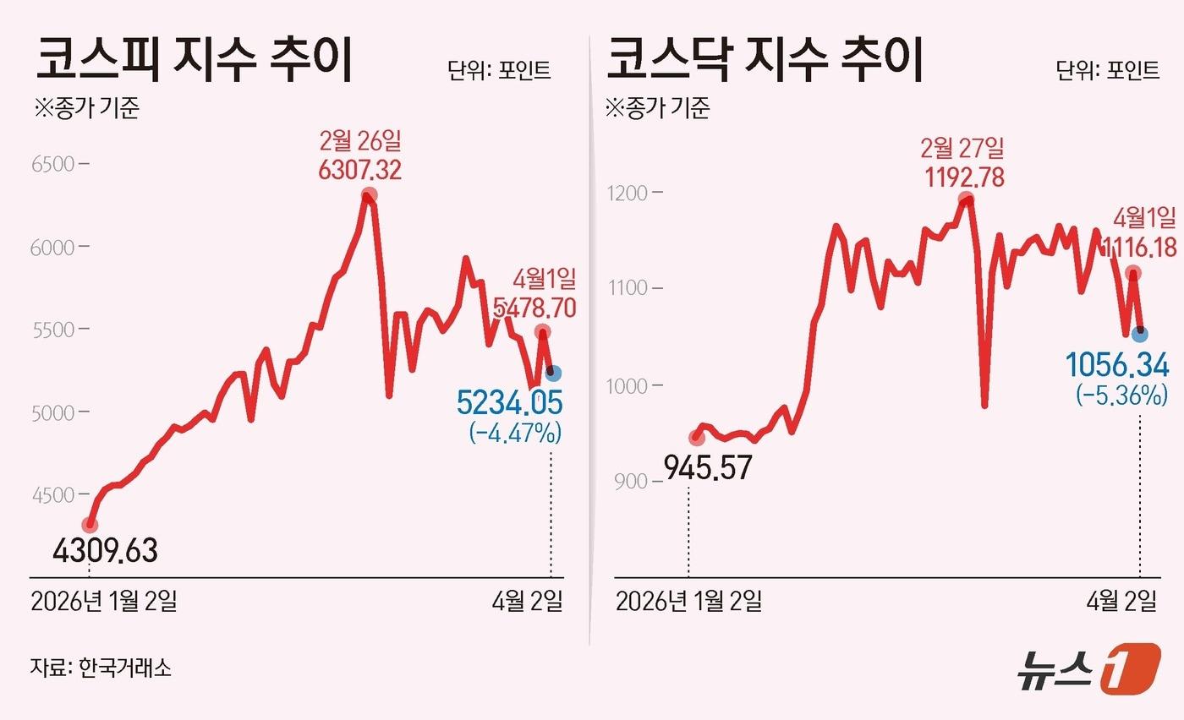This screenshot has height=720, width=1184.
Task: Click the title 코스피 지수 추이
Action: (194, 62)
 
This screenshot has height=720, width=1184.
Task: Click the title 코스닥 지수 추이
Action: (765, 62)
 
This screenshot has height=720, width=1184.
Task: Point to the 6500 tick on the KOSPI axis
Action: (53, 164)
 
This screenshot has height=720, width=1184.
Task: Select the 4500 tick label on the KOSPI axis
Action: (53, 494)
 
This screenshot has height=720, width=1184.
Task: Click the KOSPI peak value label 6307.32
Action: (359, 171)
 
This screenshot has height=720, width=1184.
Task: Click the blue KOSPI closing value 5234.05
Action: (509, 403)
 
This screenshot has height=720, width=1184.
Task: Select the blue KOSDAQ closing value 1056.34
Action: (1116, 366)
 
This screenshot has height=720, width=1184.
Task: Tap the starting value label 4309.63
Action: (105, 552)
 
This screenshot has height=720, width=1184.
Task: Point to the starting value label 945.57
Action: (709, 467)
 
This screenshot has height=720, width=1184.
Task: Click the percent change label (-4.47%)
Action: (515, 434)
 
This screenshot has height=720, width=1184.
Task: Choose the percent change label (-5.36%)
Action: (1121, 395)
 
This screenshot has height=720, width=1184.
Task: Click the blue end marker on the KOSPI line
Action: (552, 373)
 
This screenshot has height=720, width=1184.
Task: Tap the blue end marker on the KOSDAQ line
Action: (1139, 334)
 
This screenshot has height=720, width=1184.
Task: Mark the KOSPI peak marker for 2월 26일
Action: (369, 196)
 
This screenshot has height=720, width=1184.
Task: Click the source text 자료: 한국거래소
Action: (101, 668)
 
